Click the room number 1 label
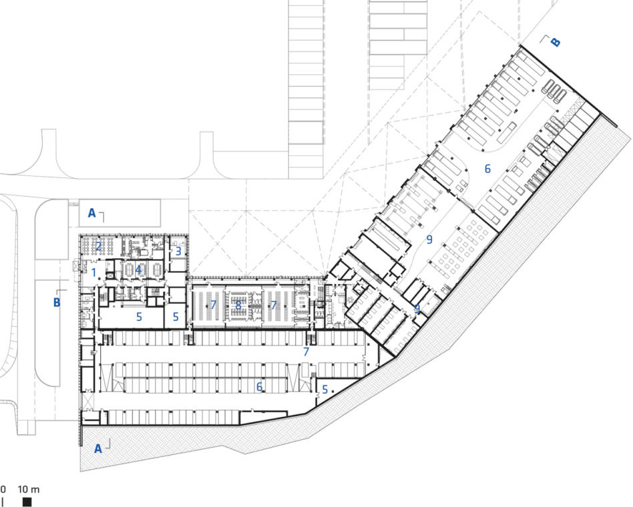94,273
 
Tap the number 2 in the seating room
98,245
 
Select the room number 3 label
178,251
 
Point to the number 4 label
138,270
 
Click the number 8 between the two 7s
238,306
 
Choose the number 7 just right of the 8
274,305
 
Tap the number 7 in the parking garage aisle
306,352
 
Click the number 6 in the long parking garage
259,387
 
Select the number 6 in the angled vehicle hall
487,169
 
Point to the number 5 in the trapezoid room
325,390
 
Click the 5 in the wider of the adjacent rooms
139,317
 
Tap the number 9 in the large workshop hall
429,239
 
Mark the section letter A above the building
92,213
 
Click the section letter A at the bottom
98,448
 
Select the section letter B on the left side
57,302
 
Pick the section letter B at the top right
556,42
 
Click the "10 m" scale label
29,490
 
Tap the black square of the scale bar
27,502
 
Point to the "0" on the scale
3,490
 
